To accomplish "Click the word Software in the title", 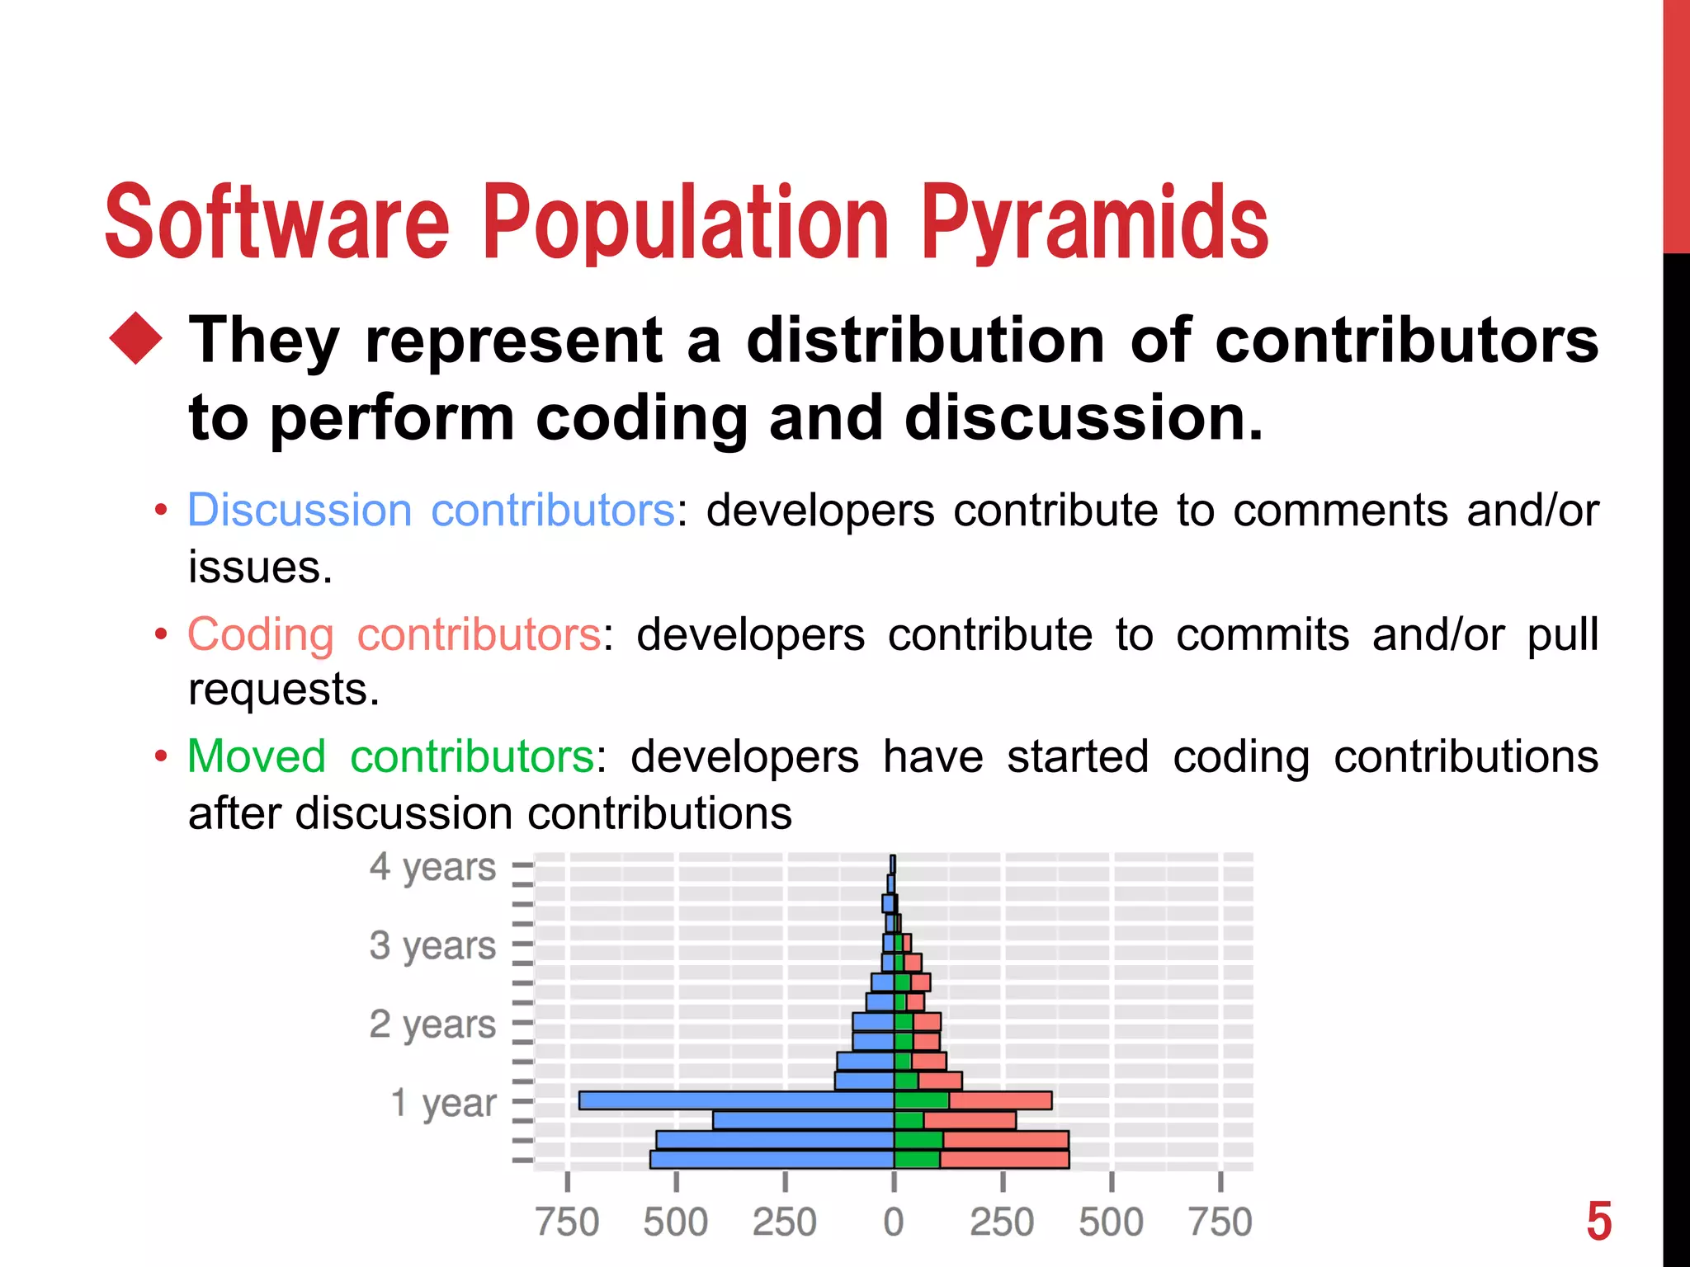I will pos(276,223).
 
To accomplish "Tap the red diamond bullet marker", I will pos(136,339).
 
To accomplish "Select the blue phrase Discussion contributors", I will pos(432,510).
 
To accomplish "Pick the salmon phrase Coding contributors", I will pos(394,634).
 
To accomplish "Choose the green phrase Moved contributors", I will pos(390,756).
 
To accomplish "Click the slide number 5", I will pos(1598,1222).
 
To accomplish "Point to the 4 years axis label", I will pos(432,867).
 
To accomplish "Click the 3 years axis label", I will pos(432,945).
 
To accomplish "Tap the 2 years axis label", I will pos(432,1024).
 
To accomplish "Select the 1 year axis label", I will pos(443,1102).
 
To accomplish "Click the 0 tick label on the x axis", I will pos(894,1222).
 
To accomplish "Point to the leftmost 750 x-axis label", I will pos(567,1222).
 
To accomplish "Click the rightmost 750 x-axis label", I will pos(1220,1222).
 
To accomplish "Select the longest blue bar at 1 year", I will pos(736,1100).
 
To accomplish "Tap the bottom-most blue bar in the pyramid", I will pos(772,1160).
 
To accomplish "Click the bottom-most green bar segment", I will pos(917,1160).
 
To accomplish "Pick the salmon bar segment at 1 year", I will pos(1000,1100).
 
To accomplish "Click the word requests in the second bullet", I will pos(283,690).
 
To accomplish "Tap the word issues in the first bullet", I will pos(259,568).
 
